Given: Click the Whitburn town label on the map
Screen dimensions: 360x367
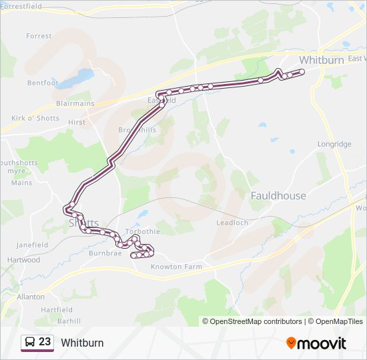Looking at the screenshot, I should (x=321, y=59).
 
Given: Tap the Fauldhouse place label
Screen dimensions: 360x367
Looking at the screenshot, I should (x=278, y=196).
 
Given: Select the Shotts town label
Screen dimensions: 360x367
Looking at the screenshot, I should (x=83, y=223).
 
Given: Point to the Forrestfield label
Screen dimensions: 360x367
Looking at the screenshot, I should (x=21, y=6).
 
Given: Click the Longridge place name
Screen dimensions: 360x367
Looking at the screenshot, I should (x=334, y=144).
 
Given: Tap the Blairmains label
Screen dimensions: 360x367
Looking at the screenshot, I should (x=75, y=104).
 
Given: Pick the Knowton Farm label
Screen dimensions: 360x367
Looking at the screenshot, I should (x=176, y=267).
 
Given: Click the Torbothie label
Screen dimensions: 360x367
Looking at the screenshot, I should (x=143, y=232).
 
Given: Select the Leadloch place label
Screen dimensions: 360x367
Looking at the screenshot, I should (x=232, y=223).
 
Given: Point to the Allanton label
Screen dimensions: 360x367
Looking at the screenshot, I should (x=31, y=297).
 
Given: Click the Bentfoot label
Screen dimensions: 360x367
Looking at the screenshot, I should (x=43, y=83).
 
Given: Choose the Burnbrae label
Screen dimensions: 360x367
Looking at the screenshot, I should (x=105, y=253).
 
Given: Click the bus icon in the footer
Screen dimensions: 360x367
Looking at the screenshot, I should (x=29, y=343).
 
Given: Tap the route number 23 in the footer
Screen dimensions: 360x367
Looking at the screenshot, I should (x=45, y=342).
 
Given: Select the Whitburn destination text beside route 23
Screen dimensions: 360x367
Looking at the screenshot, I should (x=82, y=343).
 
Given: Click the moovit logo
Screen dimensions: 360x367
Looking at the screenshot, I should (x=316, y=343).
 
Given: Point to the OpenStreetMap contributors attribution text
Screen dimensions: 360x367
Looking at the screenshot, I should (x=252, y=321).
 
